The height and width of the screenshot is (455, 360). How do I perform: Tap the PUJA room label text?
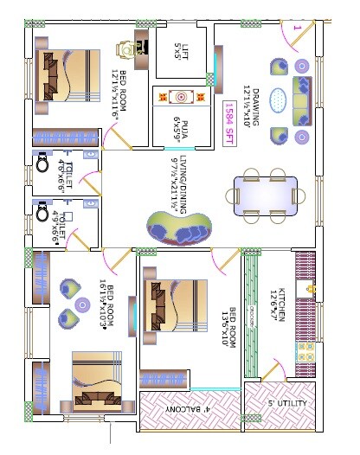181,125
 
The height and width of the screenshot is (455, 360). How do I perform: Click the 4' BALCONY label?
190,408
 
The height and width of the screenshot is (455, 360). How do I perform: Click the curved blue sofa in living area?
179,229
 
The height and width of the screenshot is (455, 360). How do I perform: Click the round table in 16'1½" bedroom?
83,304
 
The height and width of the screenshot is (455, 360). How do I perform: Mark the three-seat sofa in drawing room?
303,100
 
